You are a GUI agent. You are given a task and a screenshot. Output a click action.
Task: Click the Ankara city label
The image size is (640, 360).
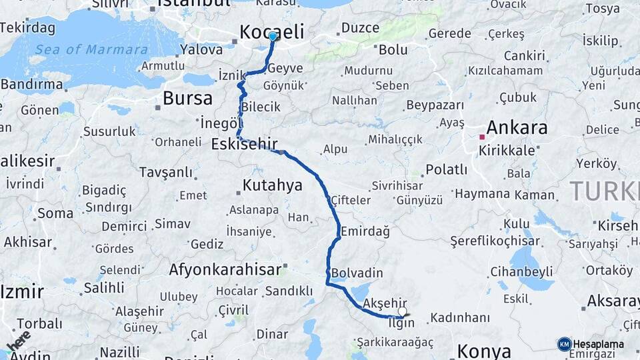pos(517,127)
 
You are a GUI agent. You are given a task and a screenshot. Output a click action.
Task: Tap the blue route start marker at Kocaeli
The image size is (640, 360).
pos(273,36)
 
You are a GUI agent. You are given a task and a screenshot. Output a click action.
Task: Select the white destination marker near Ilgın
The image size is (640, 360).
pos(402,311)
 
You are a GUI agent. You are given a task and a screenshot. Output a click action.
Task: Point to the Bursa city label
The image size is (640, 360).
pos(187,99)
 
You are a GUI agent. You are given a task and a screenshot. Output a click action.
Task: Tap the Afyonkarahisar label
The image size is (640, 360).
pos(224,270)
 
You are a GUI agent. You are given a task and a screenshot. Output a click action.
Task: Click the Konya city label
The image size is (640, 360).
pos(484,351)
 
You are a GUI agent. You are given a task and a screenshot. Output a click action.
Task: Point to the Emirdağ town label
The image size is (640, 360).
pos(365,231)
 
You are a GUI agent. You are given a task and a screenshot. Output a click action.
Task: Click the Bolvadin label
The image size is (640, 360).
pos(357,273)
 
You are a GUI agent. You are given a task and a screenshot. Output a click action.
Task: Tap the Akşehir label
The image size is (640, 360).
pos(385,303)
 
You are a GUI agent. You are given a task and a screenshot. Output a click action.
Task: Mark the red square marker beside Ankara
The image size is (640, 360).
pos(481,137)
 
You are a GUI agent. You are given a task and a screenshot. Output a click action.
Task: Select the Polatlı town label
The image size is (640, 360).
pos(446,169)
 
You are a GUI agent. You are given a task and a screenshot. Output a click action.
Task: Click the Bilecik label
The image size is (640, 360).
pos(261,107)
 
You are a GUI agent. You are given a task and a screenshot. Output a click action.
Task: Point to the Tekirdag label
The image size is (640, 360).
pos(29,27)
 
